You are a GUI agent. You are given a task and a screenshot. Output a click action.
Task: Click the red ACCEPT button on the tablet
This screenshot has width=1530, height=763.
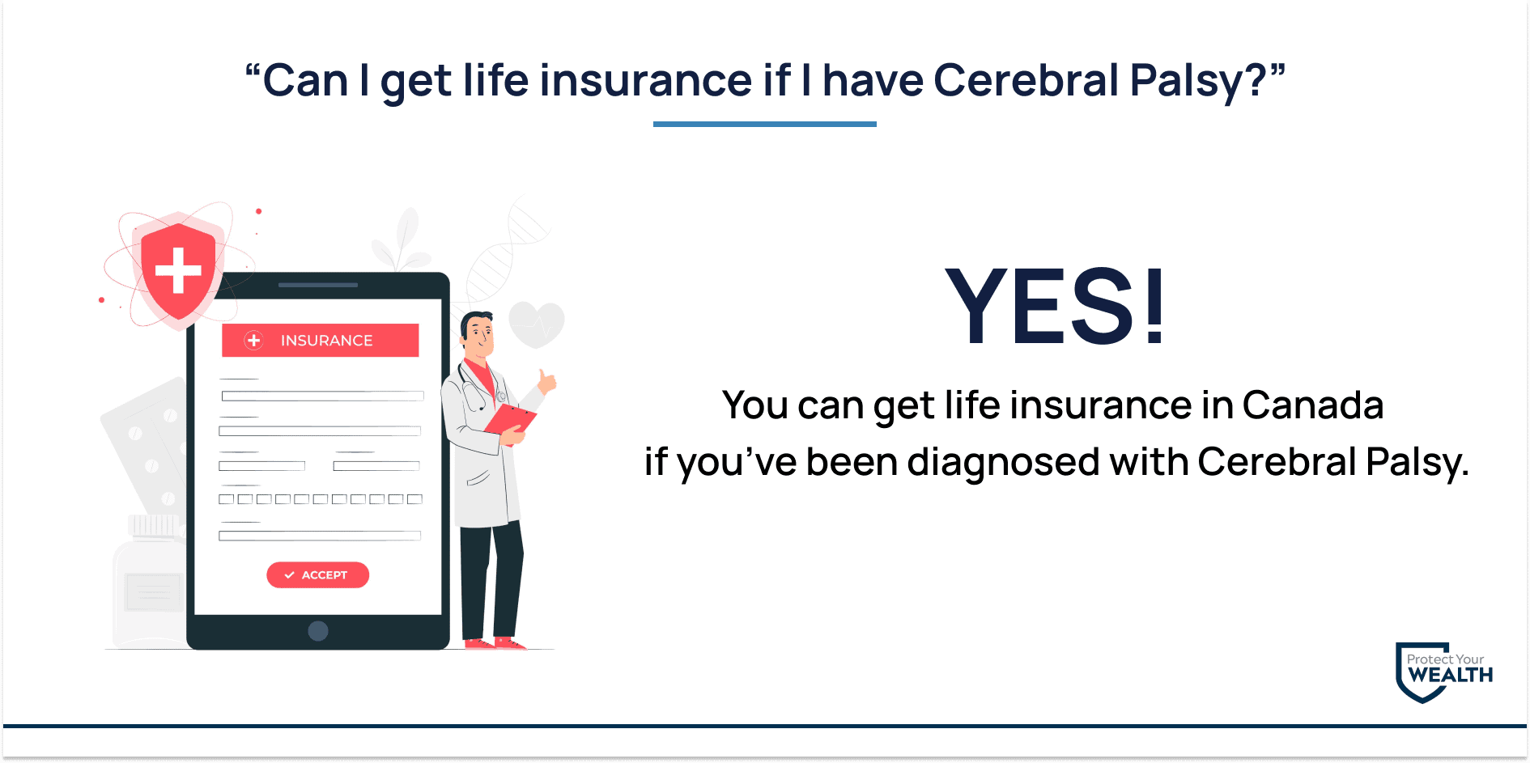pos(317,574)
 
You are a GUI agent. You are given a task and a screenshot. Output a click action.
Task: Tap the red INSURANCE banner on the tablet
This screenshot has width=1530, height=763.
pos(320,340)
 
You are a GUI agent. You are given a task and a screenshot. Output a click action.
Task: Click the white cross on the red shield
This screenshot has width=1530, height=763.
pos(178,269)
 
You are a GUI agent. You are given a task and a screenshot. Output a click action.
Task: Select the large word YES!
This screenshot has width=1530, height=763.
pos(1056,306)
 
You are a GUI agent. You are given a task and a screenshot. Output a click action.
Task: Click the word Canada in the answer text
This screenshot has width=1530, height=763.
pos(1312,405)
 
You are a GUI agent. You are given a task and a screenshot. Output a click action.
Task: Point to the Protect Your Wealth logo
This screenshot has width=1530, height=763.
pos(1443,672)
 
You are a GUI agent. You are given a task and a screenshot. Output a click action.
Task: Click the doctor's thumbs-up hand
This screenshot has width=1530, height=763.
pos(547,380)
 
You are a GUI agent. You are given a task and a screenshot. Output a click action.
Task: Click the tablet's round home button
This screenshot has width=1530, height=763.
pos(318,631)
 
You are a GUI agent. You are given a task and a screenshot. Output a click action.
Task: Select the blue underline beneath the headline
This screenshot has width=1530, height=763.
pos(764,124)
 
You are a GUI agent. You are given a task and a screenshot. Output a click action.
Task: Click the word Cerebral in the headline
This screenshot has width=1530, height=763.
pos(1026,80)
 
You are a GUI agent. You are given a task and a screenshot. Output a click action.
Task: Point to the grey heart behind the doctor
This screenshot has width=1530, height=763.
pos(536,324)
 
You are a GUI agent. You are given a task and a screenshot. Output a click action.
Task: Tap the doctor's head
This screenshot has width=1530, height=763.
pos(478,334)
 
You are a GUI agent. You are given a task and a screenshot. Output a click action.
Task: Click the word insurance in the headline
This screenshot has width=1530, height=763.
pos(646,80)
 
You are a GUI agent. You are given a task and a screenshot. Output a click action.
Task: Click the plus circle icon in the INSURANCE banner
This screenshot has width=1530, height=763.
pos(253,341)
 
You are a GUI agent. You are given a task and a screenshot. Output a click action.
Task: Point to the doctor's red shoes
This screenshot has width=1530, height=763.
pos(495,644)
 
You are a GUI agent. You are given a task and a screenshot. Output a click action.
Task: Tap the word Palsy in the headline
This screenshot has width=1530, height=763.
pos(1198,82)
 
